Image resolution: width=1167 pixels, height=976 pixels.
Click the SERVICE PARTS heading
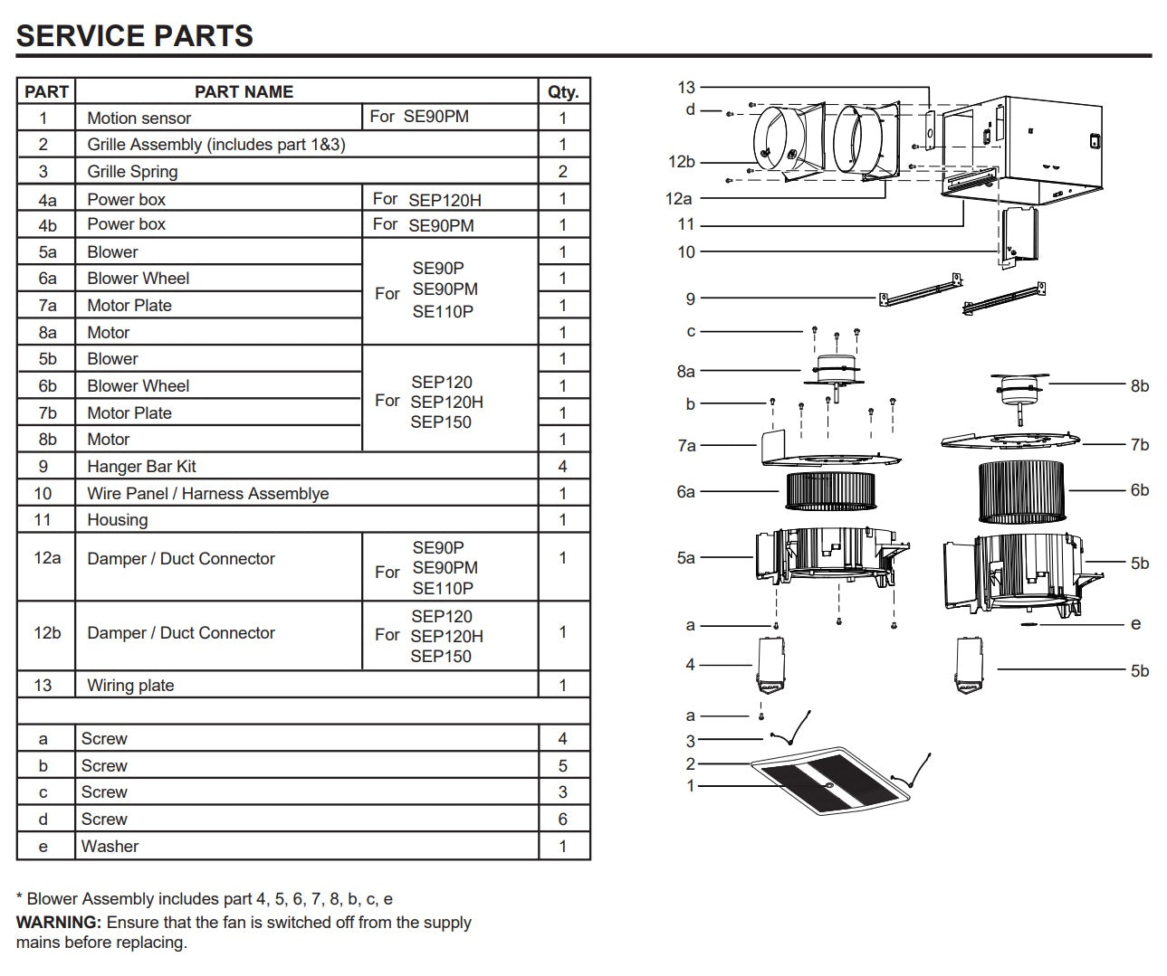pyautogui.click(x=134, y=35)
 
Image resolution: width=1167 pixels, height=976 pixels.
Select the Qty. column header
pyautogui.click(x=562, y=91)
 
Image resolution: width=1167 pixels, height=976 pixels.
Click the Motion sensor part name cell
pyautogui.click(x=139, y=118)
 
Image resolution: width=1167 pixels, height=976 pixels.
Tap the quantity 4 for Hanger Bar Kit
pyautogui.click(x=562, y=467)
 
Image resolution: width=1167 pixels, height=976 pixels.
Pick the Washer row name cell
pyautogui.click(x=110, y=847)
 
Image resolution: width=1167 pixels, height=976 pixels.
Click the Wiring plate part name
pyautogui.click(x=130, y=685)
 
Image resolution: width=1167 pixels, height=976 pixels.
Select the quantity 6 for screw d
pyautogui.click(x=562, y=820)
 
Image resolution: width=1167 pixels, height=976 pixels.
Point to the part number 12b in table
pyautogui.click(x=46, y=633)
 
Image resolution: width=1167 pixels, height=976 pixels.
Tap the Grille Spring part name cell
pyautogui.click(x=132, y=171)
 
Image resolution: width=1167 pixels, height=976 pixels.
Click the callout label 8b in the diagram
pyautogui.click(x=1139, y=386)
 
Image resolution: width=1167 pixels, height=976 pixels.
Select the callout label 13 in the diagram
pyautogui.click(x=685, y=87)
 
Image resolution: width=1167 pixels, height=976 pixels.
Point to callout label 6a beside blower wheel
pyautogui.click(x=685, y=492)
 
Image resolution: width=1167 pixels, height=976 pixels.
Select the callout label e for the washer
pyautogui.click(x=1135, y=624)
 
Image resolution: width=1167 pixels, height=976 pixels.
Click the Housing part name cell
pyautogui.click(x=118, y=520)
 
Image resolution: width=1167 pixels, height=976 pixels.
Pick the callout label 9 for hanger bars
pyautogui.click(x=690, y=298)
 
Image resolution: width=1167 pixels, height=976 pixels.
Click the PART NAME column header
pyautogui.click(x=244, y=91)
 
